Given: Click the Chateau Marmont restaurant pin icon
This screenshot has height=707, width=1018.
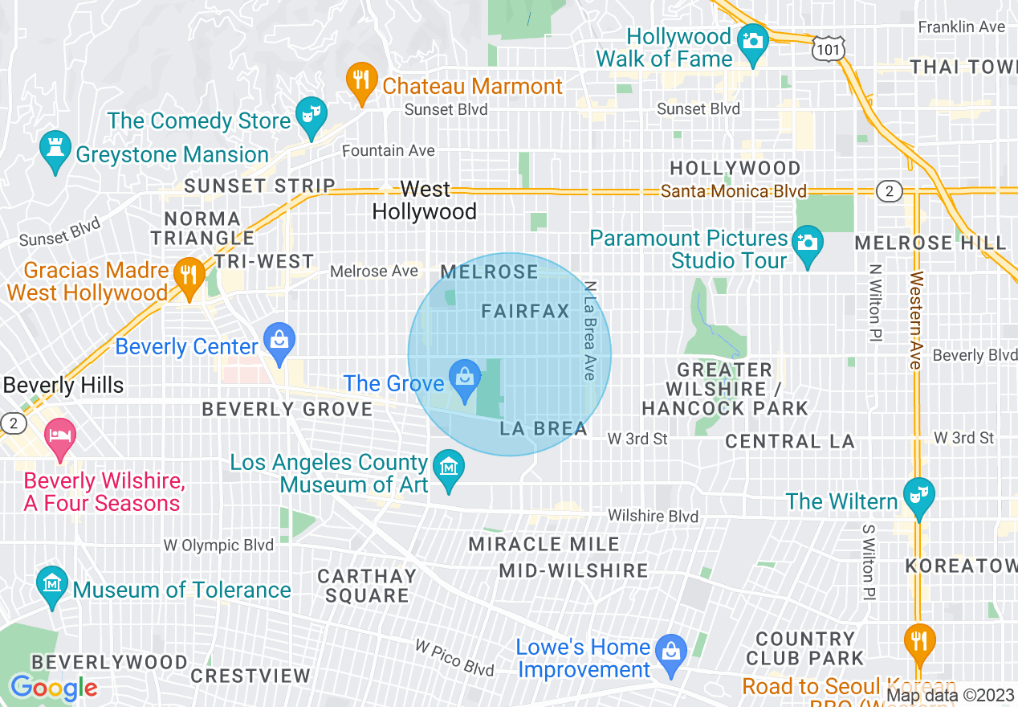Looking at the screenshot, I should [362, 82].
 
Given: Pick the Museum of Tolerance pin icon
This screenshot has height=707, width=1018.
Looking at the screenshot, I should [52, 586].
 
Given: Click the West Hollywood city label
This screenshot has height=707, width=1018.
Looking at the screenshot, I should [425, 201].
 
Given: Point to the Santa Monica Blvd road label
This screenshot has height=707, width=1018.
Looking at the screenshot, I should [733, 191].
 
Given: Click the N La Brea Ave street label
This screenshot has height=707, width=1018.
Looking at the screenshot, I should [591, 330].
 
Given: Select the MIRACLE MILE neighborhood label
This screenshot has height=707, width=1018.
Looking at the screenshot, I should [544, 545].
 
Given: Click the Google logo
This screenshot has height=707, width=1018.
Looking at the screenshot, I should [53, 688].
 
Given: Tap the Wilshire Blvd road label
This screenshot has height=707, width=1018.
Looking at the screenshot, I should [653, 516].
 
